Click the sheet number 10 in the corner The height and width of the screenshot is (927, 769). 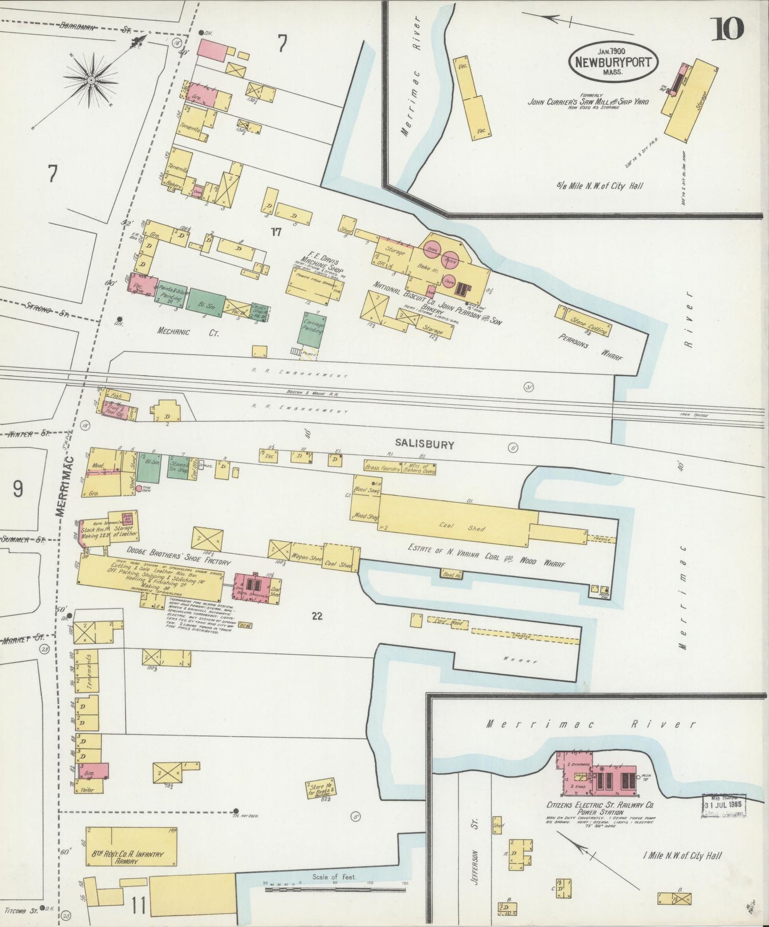pyautogui.click(x=729, y=29)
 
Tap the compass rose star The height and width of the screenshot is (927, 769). pyautogui.click(x=91, y=80)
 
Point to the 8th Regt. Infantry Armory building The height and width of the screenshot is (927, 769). pyautogui.click(x=131, y=850)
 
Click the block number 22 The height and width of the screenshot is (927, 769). pyautogui.click(x=318, y=616)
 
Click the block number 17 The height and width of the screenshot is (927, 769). pyautogui.click(x=275, y=231)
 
